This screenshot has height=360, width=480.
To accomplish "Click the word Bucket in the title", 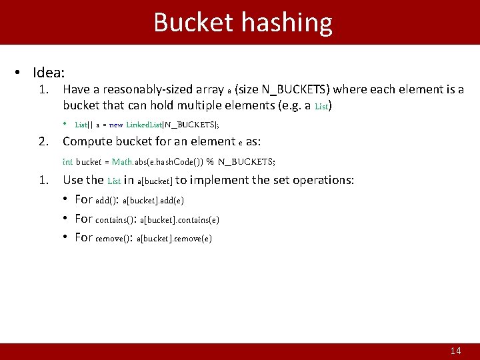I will (x=193, y=23).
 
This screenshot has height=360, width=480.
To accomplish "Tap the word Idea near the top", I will (x=52, y=71).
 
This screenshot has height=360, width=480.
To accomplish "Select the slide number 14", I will (x=456, y=351).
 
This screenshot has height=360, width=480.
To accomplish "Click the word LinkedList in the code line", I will (x=144, y=124).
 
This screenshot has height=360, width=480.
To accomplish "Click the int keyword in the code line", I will (x=67, y=161).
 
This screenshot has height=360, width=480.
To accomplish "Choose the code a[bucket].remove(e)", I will (x=174, y=239).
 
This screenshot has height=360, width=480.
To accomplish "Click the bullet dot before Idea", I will (x=20, y=71).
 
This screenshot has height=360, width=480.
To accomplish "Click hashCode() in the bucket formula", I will (x=172, y=161).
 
